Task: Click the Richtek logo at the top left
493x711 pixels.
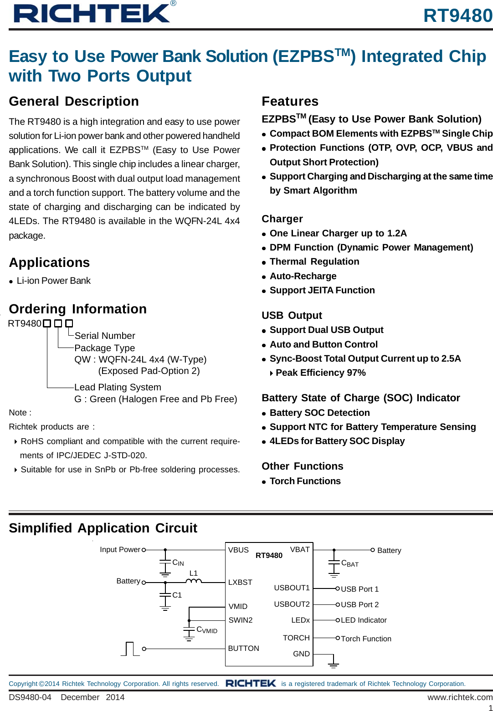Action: [92, 13]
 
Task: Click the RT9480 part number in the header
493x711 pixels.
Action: [457, 15]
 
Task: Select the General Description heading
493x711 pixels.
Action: [74, 101]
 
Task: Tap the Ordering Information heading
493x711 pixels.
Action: [77, 309]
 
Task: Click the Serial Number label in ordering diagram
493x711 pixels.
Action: [105, 336]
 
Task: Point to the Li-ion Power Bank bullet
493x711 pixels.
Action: [53, 281]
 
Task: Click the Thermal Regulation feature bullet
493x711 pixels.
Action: [314, 261]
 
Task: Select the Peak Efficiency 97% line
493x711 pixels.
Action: [320, 373]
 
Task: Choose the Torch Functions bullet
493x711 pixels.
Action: [305, 481]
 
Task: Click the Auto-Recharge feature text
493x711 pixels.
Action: [303, 276]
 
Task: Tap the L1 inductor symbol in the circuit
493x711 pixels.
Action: [194, 581]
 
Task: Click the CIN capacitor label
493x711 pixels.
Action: [178, 563]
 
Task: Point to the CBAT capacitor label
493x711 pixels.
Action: [349, 563]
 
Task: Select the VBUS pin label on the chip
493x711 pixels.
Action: [238, 550]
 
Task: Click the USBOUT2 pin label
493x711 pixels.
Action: [292, 604]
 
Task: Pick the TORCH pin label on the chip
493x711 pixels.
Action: [296, 638]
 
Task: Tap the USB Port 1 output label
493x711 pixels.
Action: [359, 589]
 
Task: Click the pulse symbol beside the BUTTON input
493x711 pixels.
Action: [130, 649]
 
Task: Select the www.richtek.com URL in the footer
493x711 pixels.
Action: [460, 697]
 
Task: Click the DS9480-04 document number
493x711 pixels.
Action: [30, 697]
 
